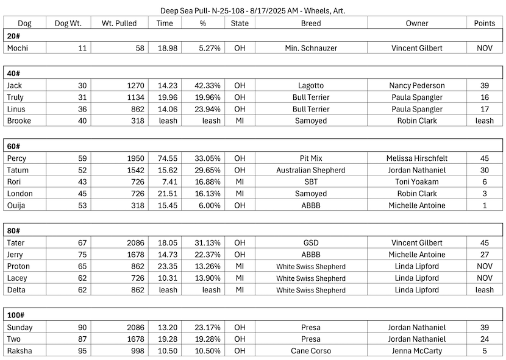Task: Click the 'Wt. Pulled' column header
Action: coord(119,23)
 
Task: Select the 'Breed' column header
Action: coord(311,23)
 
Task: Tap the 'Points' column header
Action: coord(485,23)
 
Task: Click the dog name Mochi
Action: coord(18,48)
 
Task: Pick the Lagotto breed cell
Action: coord(311,86)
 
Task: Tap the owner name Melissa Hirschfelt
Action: coord(416,158)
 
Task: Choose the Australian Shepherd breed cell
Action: coord(311,170)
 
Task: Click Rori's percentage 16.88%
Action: coord(208,182)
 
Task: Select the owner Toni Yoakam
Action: coord(417,182)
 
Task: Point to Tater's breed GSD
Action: coord(311,243)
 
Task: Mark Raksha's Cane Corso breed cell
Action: coord(311,350)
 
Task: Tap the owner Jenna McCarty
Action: coord(417,350)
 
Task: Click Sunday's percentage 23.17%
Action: coord(208,327)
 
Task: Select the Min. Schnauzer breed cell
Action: coord(311,48)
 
